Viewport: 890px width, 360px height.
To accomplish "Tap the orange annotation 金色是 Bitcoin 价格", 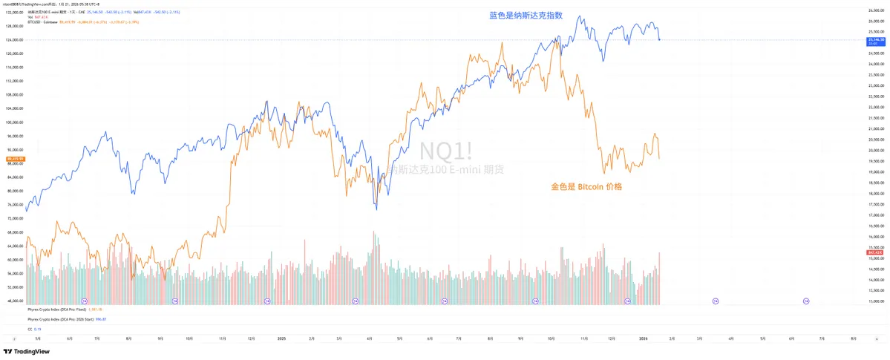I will tap(586, 187).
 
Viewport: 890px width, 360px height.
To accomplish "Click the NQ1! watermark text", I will tap(445, 151).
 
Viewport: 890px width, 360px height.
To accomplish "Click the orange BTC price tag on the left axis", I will tap(15, 159).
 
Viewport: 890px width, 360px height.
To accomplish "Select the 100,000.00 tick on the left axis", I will tap(15, 122).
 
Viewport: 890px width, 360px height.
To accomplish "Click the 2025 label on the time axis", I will tap(281, 338).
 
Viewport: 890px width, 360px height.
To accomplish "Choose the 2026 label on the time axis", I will tap(644, 338).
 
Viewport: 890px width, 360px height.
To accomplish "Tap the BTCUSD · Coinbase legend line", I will tap(45, 22).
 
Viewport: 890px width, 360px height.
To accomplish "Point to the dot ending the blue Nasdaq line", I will tap(659, 39).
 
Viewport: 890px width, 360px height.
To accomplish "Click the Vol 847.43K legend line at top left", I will tap(37, 17).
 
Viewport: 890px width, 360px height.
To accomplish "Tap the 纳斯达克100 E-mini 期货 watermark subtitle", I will tap(445, 170).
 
